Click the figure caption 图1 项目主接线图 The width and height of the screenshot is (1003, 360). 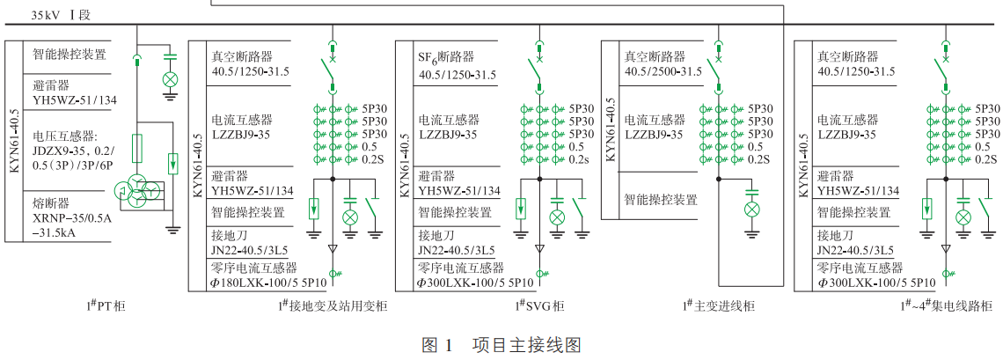pos(501,345)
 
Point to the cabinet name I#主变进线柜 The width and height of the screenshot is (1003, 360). pos(718,305)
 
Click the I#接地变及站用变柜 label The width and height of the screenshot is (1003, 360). pos(332,305)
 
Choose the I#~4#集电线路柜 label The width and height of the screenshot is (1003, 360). pos(947,305)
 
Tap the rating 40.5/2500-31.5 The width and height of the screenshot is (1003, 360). pos(663,71)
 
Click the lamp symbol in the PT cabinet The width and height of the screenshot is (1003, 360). pos(171,79)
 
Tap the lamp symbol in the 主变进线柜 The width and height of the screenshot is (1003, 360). pos(752,209)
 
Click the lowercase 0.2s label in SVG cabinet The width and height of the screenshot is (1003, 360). pos(579,159)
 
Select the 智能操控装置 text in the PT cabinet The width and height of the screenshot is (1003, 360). pos(70,55)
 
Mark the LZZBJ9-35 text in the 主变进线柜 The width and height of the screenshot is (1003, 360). pos(654,134)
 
